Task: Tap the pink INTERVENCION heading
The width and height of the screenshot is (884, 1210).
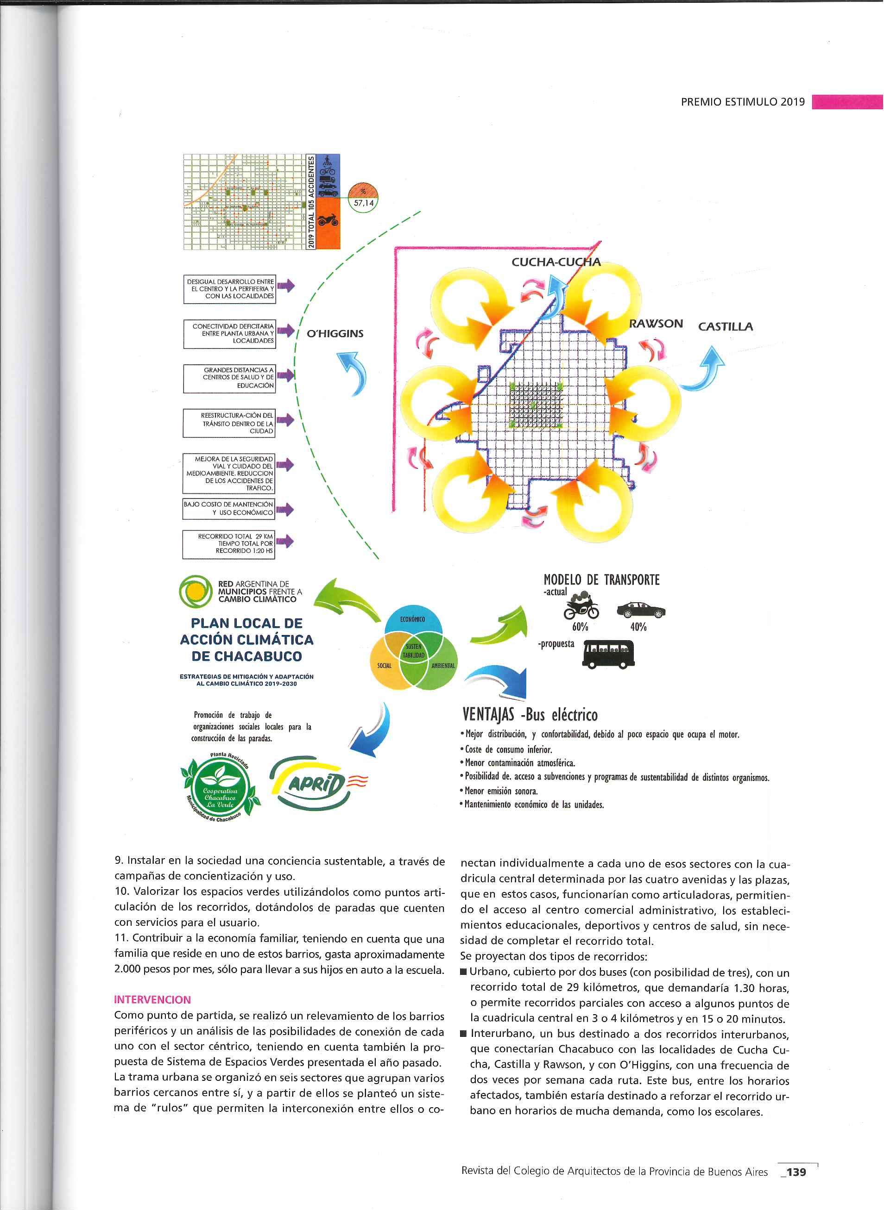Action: pos(152,1000)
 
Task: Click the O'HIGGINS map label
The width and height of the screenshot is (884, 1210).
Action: pos(335,334)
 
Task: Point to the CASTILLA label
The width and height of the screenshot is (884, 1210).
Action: pos(725,326)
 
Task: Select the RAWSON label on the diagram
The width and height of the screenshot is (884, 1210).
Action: pos(656,324)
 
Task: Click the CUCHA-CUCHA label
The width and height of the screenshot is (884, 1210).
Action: pos(556,262)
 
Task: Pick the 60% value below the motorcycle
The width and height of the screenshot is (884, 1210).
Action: pos(580,627)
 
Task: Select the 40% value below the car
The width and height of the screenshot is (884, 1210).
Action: pos(638,627)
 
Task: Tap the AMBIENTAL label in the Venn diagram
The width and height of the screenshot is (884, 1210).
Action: pos(442,666)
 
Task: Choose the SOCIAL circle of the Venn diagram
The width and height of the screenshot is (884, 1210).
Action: pos(384,666)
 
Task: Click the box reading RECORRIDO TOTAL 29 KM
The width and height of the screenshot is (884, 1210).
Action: pos(229,544)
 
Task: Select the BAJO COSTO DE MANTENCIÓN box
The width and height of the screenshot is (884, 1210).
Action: pos(228,509)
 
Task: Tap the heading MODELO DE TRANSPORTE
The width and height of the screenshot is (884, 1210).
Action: pos(601,580)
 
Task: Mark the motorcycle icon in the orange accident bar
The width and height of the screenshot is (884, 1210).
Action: pos(327,220)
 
